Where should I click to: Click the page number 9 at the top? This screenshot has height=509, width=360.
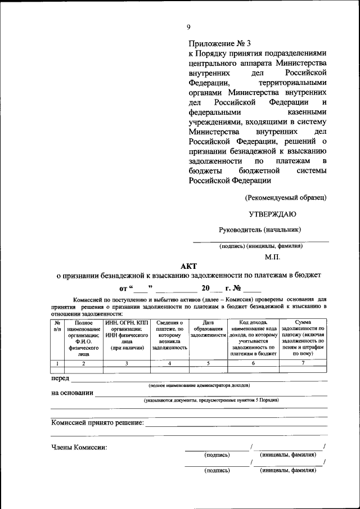(189, 27)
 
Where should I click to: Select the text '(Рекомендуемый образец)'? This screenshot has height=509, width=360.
(285, 197)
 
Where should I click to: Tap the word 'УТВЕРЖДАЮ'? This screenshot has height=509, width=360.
(272, 214)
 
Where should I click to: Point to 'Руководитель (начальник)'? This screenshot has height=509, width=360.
(260, 229)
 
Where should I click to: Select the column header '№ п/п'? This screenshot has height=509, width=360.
(57, 326)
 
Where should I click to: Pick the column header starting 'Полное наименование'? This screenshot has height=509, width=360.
(84, 339)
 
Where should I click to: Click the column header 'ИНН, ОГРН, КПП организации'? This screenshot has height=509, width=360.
(127, 335)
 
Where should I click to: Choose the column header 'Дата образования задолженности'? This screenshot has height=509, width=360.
(208, 329)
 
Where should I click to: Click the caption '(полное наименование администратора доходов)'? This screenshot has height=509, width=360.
(200, 385)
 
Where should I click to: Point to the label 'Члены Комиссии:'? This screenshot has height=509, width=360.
(79, 448)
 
